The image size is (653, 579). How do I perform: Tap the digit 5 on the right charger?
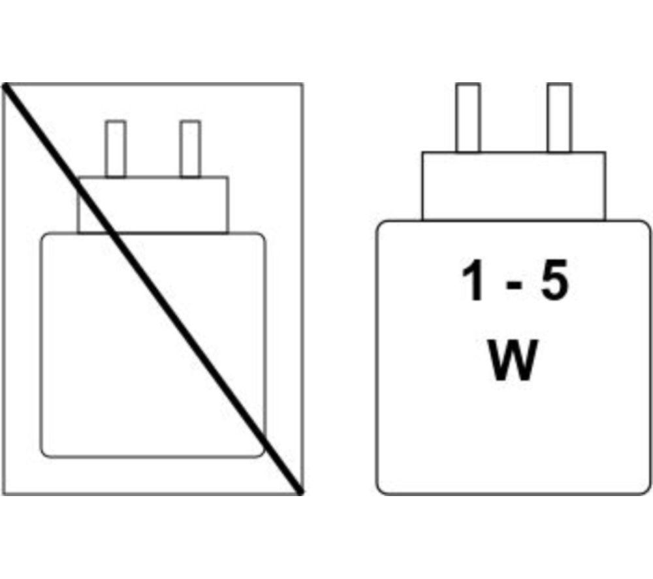click(554, 280)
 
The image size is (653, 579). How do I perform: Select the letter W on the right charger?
click(512, 360)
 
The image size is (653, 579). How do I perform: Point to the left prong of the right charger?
click(468, 117)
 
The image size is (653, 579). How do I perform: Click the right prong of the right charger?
click(560, 117)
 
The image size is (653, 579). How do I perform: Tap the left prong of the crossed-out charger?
click(116, 149)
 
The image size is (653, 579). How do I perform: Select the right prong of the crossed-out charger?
click(190, 149)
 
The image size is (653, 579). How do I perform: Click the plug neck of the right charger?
click(514, 186)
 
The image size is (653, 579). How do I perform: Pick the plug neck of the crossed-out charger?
click(153, 205)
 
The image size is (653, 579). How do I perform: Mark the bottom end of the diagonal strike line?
click(300, 492)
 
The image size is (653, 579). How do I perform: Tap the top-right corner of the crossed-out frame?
click(303, 84)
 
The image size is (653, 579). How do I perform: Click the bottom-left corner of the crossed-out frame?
click(3, 495)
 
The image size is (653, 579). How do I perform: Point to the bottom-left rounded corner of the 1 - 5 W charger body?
click(381, 490)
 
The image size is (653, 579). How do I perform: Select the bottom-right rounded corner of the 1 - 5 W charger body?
click(646, 490)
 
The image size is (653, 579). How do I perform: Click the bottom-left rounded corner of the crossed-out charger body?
click(44, 454)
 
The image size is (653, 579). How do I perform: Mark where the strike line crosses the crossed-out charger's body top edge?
click(113, 234)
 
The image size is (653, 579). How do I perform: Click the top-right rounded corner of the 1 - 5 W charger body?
click(646, 225)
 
